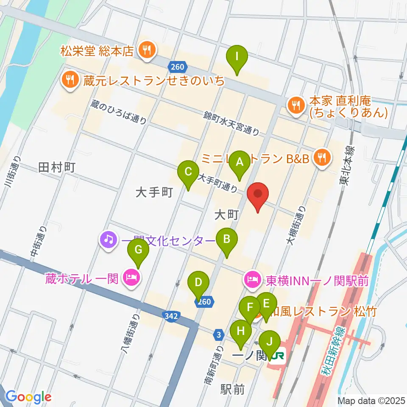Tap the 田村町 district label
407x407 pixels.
(x=56, y=167)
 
